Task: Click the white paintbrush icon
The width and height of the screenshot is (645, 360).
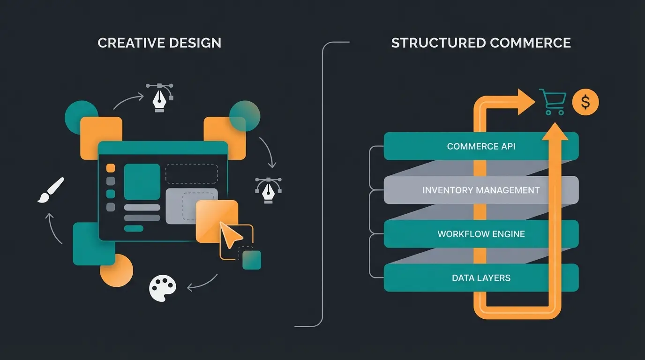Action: (51, 190)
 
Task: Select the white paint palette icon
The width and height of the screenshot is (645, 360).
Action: (162, 287)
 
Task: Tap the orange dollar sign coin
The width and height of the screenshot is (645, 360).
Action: (585, 102)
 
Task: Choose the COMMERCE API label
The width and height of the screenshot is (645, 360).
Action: (481, 146)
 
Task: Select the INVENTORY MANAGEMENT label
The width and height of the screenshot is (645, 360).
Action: (481, 190)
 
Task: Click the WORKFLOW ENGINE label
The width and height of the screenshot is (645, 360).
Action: (481, 234)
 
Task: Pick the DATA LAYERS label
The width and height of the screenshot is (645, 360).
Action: (481, 277)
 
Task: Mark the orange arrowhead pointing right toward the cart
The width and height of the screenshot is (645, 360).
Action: (525, 102)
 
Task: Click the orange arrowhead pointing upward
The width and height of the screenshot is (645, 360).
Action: (555, 132)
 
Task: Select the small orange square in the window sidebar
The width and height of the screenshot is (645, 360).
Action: (111, 168)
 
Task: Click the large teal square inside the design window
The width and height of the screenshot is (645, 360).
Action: (142, 181)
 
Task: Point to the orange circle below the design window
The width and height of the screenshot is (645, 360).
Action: (117, 270)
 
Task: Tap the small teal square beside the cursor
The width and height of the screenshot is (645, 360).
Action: (252, 260)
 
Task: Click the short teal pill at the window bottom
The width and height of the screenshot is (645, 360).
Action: (134, 229)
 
